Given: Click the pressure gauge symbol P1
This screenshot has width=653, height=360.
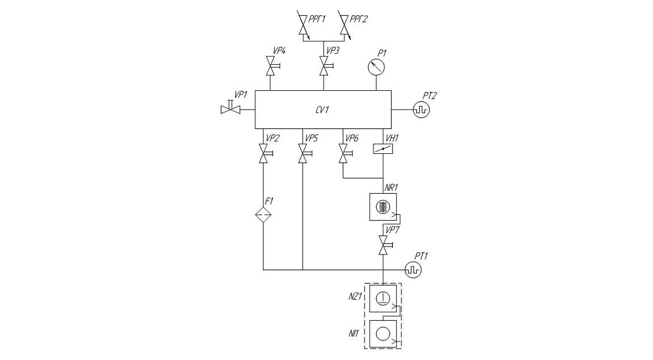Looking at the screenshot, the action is [x=376, y=66].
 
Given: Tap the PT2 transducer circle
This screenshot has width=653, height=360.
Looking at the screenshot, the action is [x=421, y=110].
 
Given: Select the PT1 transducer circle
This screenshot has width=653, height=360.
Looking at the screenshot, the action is [x=413, y=270].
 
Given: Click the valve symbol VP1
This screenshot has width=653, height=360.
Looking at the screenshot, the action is [x=231, y=108].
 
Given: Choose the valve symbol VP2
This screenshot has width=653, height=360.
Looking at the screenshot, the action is [x=265, y=153].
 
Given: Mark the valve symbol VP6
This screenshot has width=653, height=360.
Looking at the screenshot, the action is [x=345, y=153].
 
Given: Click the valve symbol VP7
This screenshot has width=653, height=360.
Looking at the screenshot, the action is [x=384, y=245].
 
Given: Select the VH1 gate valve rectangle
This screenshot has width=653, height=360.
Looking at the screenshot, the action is [x=383, y=149].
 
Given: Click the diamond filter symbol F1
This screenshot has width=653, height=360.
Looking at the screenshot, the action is [x=263, y=215].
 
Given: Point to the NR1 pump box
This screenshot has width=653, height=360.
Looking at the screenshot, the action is [x=383, y=207].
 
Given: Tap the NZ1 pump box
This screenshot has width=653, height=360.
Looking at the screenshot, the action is [x=383, y=298].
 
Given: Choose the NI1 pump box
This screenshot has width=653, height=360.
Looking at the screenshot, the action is [x=383, y=334].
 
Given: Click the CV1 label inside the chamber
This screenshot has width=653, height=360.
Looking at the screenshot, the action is [x=323, y=110].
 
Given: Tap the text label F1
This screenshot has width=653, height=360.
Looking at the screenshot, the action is [x=269, y=201].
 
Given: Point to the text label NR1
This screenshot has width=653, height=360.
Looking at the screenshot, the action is [x=391, y=187].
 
